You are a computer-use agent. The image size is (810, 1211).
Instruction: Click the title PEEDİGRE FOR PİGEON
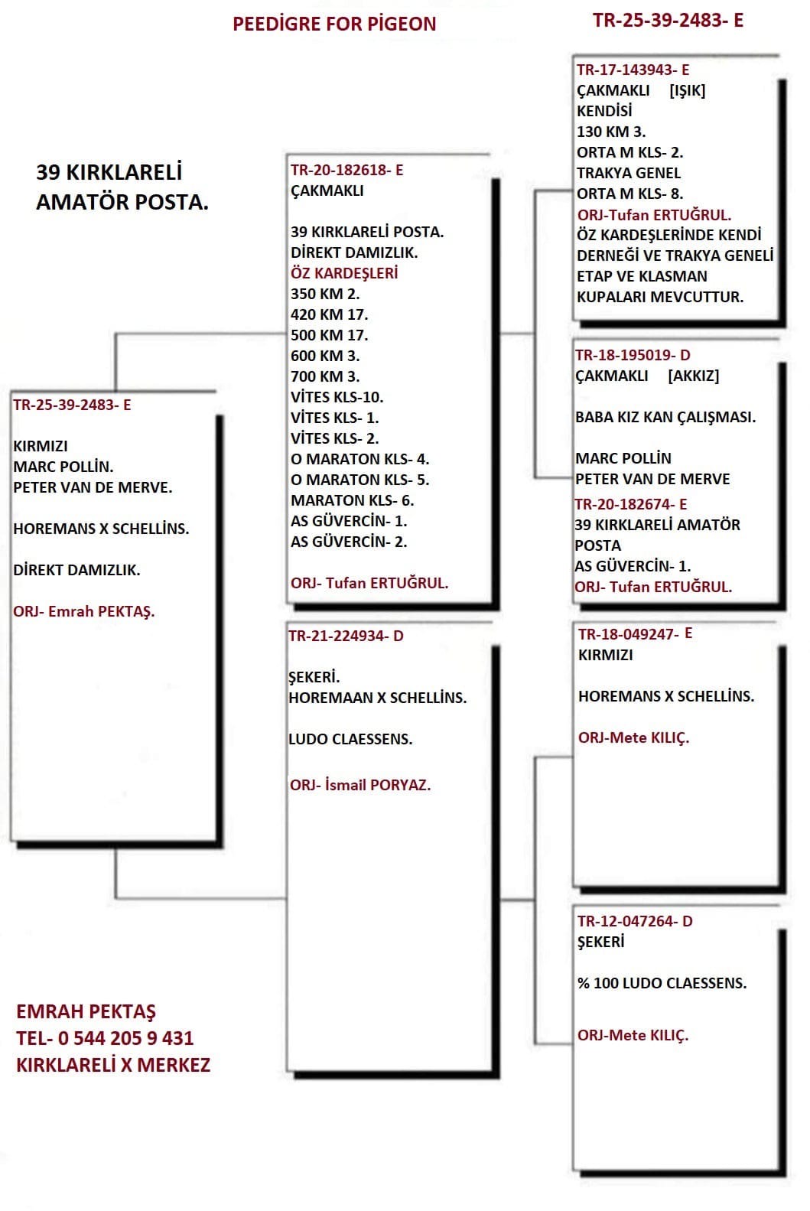(334, 24)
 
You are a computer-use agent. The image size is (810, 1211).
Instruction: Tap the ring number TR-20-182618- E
(346, 171)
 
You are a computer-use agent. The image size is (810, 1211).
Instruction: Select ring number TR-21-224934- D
(346, 636)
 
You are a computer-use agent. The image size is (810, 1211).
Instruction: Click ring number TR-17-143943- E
(633, 70)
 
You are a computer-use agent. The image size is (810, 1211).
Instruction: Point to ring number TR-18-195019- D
(633, 355)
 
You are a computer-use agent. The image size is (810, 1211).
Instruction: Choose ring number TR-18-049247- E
(635, 633)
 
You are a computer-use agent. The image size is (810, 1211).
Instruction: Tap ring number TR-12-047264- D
(635, 921)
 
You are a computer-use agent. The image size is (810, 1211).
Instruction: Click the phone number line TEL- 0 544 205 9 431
(105, 1038)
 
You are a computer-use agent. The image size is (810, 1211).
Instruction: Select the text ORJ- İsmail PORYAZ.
(360, 785)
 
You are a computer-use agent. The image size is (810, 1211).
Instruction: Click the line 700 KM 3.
(325, 376)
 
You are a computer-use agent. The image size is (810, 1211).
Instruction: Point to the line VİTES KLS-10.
(337, 397)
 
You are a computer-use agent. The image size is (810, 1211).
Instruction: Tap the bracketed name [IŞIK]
(687, 90)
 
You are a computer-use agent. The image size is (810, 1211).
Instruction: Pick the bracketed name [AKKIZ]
(693, 376)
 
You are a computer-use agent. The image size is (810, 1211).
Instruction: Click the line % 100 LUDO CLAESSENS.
(662, 983)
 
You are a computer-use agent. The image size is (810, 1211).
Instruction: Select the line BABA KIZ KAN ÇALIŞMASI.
(665, 418)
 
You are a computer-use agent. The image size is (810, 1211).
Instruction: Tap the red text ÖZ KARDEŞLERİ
(344, 273)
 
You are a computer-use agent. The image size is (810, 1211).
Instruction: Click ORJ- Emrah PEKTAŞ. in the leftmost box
(84, 611)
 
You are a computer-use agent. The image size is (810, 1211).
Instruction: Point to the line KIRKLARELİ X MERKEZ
(113, 1064)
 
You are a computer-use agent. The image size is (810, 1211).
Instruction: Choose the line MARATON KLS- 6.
(352, 500)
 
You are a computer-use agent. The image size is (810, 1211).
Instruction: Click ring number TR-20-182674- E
(631, 504)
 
